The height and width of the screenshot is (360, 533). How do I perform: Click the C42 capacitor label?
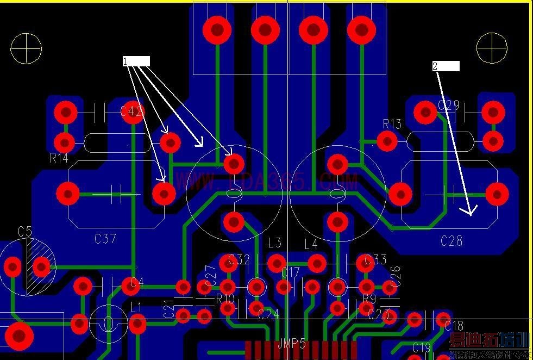point(131,112)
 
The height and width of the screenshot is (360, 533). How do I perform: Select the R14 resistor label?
point(59,158)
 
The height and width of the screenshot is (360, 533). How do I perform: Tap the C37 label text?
point(105,238)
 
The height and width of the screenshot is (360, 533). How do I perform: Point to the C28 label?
point(451,240)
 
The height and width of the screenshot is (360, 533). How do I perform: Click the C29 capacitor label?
point(448,105)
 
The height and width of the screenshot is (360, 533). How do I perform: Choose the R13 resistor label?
point(392,124)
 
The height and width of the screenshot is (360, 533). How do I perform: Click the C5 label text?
point(25,232)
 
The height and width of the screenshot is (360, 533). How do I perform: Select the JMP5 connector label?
point(292,344)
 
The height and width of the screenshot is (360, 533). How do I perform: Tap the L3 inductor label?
point(274,243)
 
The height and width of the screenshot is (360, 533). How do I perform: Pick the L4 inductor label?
point(311,244)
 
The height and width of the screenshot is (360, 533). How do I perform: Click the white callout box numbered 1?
point(136,61)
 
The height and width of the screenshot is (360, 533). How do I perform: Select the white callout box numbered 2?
point(446,66)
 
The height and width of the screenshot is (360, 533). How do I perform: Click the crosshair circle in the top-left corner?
point(26,48)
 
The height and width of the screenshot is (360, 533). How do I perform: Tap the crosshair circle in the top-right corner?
point(492,48)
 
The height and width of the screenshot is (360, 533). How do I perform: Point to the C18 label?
point(454,326)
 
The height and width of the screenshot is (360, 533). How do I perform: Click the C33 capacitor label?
point(375,259)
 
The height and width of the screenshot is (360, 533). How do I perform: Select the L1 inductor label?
point(136,308)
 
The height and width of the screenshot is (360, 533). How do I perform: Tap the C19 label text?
point(422,347)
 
